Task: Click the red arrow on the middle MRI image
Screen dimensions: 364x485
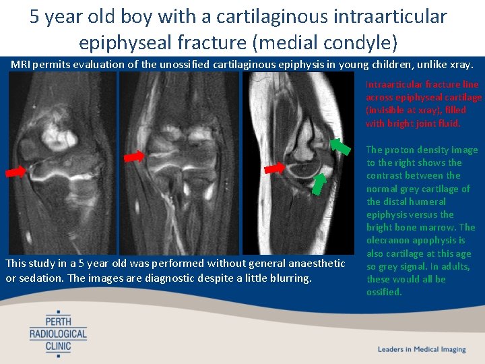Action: tap(134, 156)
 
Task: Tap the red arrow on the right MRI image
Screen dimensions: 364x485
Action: tap(274, 168)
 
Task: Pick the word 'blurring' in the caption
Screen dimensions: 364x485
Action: tap(291, 278)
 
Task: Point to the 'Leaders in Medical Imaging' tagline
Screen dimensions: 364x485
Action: tap(422, 349)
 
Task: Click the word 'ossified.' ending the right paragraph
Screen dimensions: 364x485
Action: tap(384, 292)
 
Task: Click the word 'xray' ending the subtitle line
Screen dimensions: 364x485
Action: tap(461, 64)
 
